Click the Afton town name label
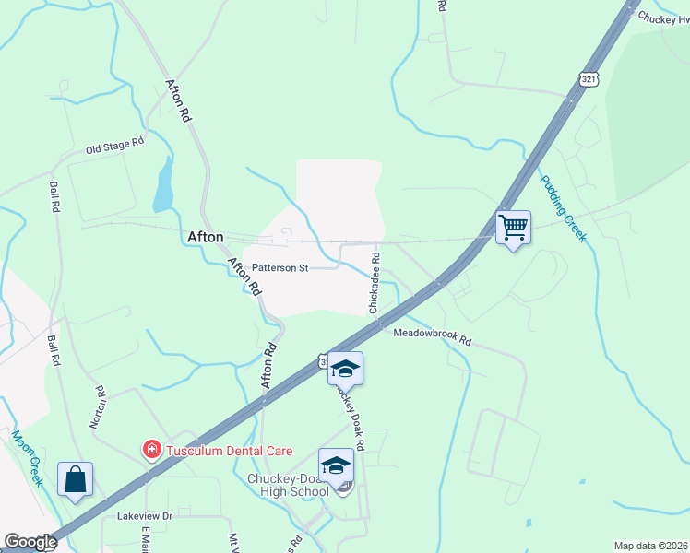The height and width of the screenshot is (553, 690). click(206, 237)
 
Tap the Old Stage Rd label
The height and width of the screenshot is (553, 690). click(115, 146)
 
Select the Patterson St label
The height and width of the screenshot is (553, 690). click(280, 267)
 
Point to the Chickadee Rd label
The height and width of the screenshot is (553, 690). click(375, 281)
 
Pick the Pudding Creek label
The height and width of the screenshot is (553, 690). click(563, 208)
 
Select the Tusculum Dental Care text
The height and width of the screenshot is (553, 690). click(228, 451)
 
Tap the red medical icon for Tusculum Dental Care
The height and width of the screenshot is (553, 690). click(149, 451)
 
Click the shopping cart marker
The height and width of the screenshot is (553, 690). click(513, 226)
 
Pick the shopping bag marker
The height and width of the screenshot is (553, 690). click(75, 479)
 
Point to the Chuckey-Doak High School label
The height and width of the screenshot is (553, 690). click(288, 485)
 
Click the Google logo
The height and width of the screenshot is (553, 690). click(30, 542)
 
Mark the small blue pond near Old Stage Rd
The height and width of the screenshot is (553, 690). click(163, 185)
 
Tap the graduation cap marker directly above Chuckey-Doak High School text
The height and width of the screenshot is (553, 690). click(337, 465)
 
